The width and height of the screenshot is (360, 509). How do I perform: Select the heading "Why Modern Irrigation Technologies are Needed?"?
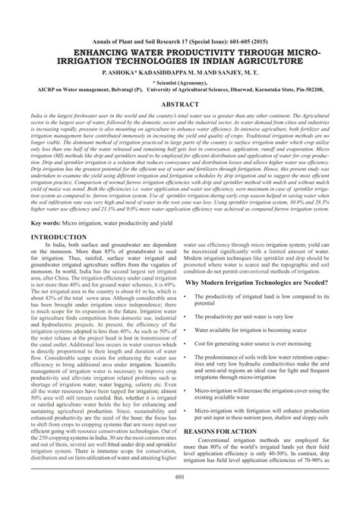pos(263,280)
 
